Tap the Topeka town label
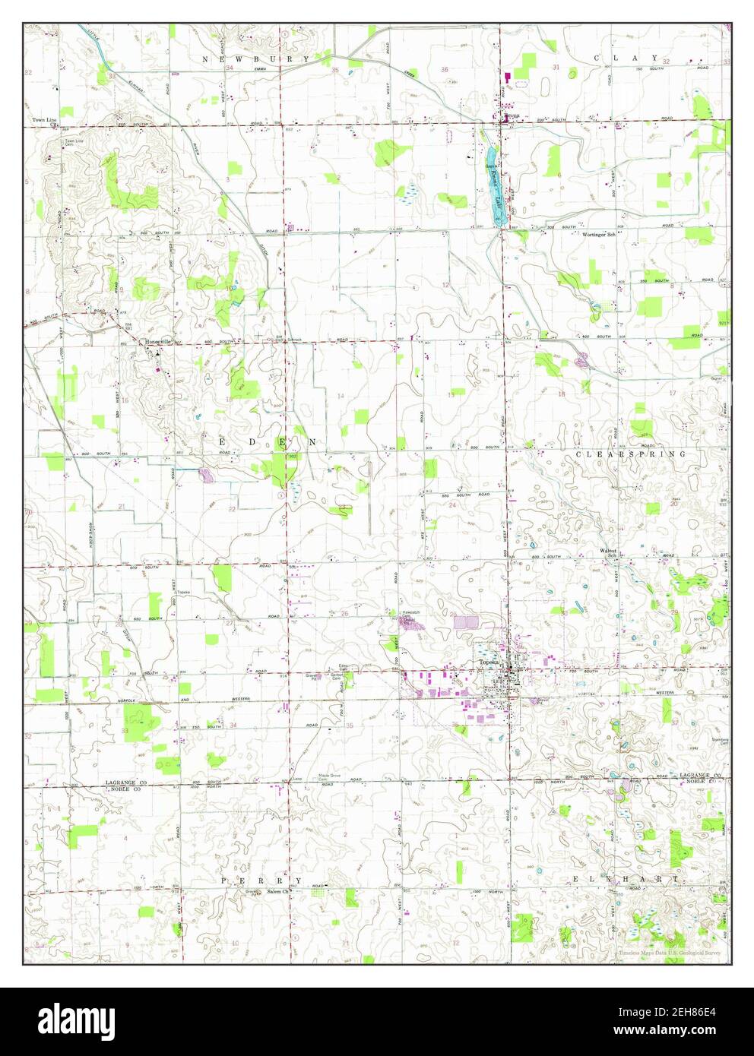[488, 662]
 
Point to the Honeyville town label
[160, 342]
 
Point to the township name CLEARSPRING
[630, 454]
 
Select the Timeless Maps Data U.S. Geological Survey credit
[670, 953]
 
